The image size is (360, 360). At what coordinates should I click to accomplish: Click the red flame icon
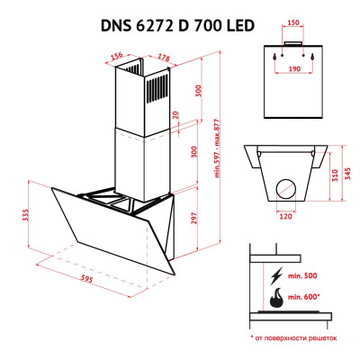pos(274,295)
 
